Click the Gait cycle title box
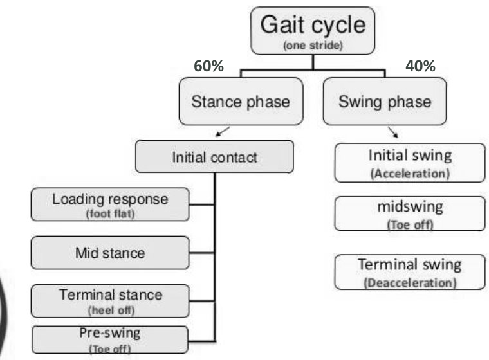pyautogui.click(x=313, y=30)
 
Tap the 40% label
pyautogui.click(x=421, y=66)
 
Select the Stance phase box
pyautogui.click(x=241, y=102)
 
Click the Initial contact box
pyautogui.click(x=215, y=156)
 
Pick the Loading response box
pyautogui.click(x=110, y=204)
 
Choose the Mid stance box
pyautogui.click(x=110, y=253)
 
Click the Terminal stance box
pyautogui.click(x=110, y=300)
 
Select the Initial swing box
pyautogui.click(x=410, y=161)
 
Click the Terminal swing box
pyautogui.click(x=410, y=271)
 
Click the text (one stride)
pyautogui.click(x=313, y=46)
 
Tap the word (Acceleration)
pyautogui.click(x=410, y=174)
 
